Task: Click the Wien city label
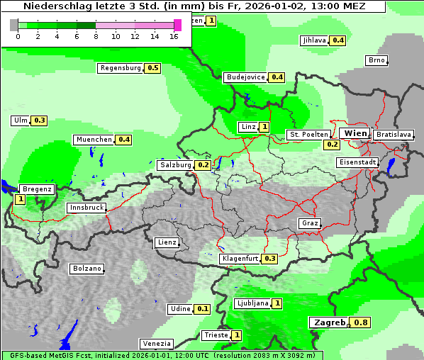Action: pos(355,133)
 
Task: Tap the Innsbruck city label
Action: pos(86,208)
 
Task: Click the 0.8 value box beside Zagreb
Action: pos(361,323)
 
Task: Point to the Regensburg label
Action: pos(121,68)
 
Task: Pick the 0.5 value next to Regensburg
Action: pos(152,68)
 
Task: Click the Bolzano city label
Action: pos(87,269)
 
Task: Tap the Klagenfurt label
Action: pos(239,259)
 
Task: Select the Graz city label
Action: pos(310,223)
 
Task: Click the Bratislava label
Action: pos(394,134)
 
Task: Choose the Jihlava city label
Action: pos(314,40)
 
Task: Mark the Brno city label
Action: pos(376,60)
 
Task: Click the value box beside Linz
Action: pos(264,127)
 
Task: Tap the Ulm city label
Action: pos(21,120)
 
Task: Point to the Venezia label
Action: pos(157,344)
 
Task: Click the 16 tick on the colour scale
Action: pos(174,37)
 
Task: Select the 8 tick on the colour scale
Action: pos(96,37)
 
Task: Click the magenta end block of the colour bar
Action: pos(177,25)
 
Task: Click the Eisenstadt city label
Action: pos(357,162)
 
